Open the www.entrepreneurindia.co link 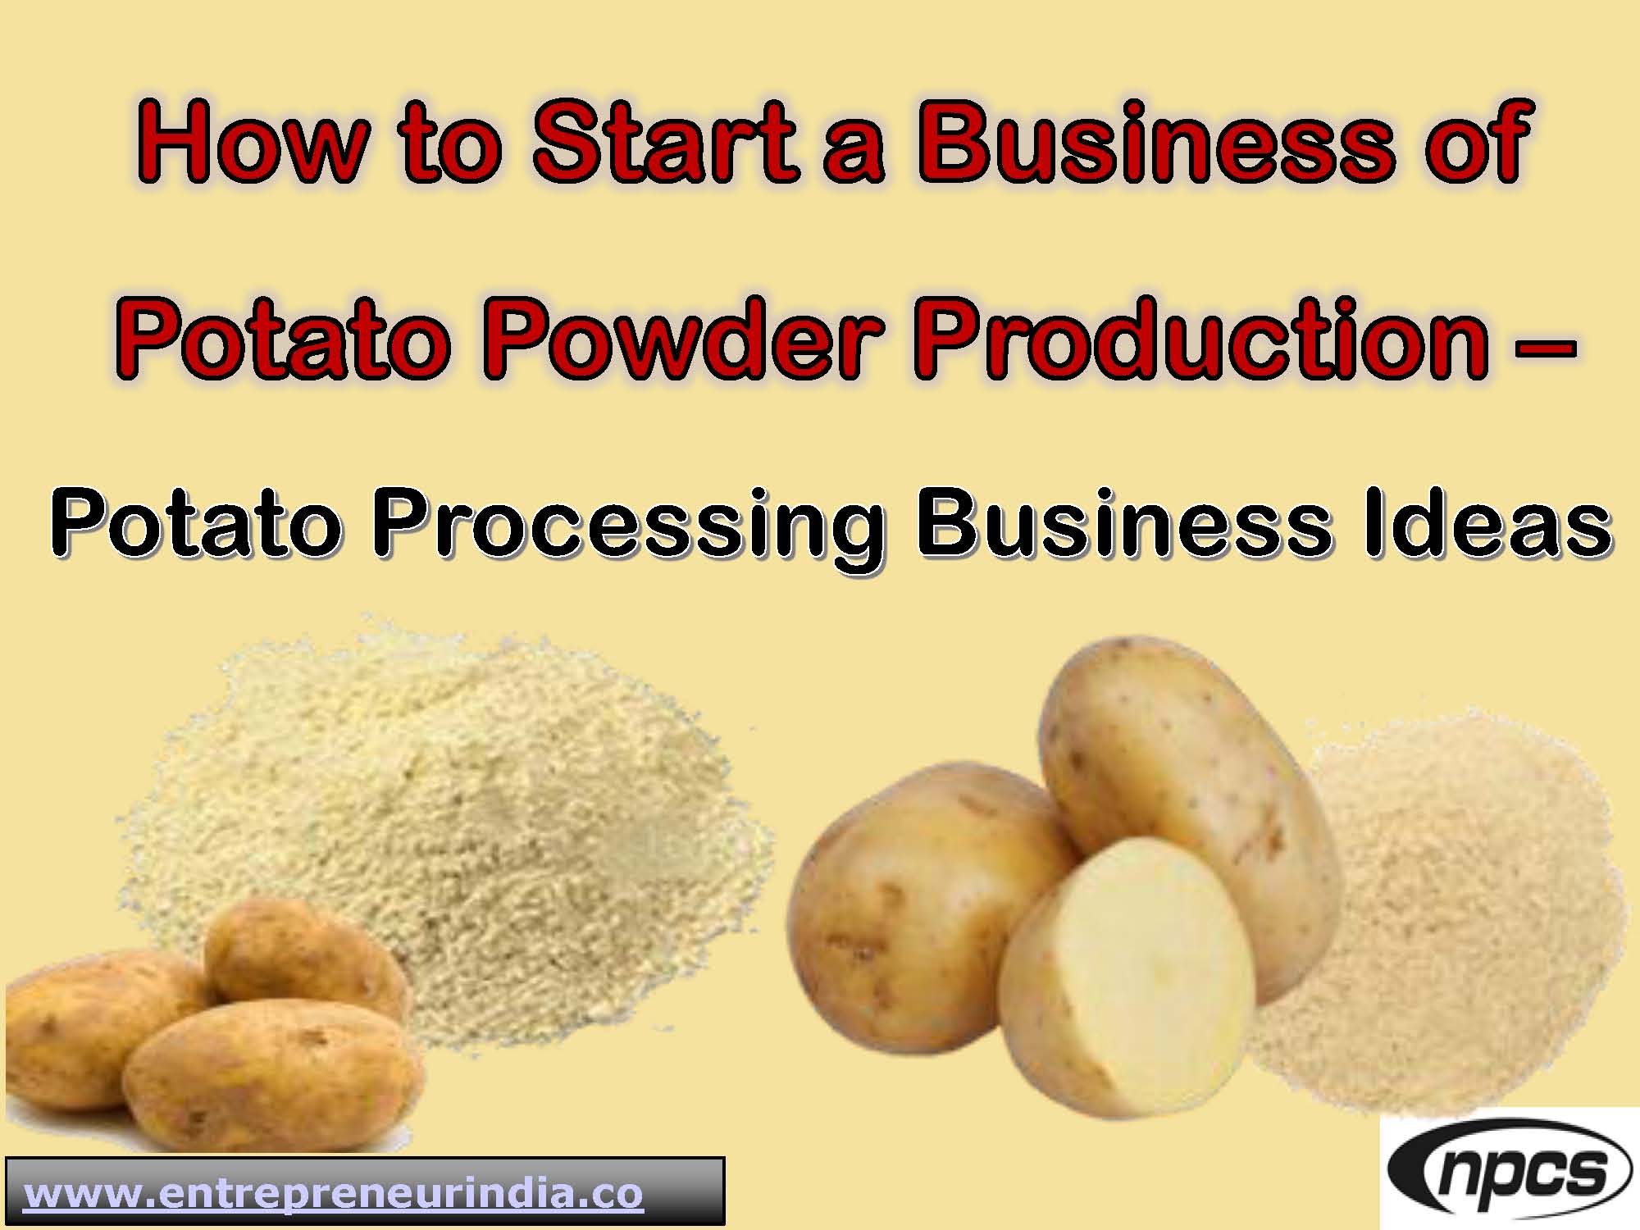(x=333, y=1193)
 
